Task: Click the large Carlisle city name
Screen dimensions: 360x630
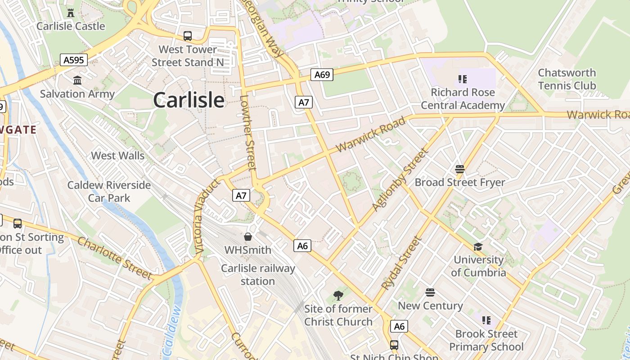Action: tap(189, 99)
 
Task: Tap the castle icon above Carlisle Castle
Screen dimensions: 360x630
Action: tap(71, 13)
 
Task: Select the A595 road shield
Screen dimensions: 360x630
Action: tap(74, 60)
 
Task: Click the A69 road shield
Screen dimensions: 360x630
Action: tap(322, 75)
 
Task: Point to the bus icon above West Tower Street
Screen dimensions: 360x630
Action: tap(188, 36)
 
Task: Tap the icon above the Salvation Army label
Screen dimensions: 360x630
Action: tap(77, 80)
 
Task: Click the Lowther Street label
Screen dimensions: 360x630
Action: tap(248, 133)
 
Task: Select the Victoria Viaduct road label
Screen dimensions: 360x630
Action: tap(206, 216)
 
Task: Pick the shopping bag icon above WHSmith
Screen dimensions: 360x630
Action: tap(247, 237)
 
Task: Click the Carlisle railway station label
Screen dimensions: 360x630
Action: tap(258, 275)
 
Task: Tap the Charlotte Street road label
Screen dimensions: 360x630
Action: tap(115, 257)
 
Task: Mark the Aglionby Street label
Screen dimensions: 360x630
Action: tap(400, 180)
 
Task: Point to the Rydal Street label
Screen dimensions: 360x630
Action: tap(401, 263)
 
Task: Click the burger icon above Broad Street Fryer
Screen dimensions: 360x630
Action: tap(459, 169)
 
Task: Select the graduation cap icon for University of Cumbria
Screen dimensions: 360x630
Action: tap(478, 247)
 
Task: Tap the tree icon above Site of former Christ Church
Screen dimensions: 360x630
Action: tap(338, 296)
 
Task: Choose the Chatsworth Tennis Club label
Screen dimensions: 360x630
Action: tap(567, 79)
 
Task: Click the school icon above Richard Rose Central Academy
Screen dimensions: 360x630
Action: tap(462, 79)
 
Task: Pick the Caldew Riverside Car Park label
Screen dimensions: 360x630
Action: tap(109, 192)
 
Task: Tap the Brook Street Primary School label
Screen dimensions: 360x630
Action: tap(486, 340)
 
